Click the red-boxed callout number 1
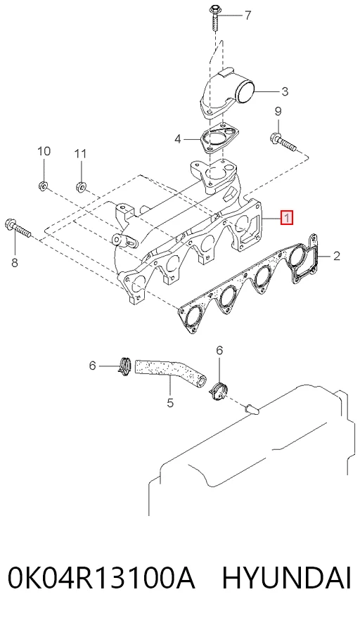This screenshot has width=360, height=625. [287, 218]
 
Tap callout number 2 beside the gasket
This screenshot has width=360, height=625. [337, 256]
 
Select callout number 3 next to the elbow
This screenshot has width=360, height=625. [284, 91]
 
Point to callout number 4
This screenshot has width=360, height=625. [178, 139]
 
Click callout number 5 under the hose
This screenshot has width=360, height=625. [170, 403]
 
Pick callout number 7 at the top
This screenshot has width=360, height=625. [247, 15]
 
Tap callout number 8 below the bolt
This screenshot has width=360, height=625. [14, 263]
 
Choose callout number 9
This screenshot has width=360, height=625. [278, 111]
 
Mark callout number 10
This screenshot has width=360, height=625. [44, 151]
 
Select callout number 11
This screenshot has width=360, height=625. [81, 153]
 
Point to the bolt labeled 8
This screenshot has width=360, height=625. [18, 228]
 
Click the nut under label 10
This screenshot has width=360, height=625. [43, 185]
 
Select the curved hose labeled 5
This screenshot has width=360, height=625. [172, 373]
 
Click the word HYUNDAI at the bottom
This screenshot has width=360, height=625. [286, 578]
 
